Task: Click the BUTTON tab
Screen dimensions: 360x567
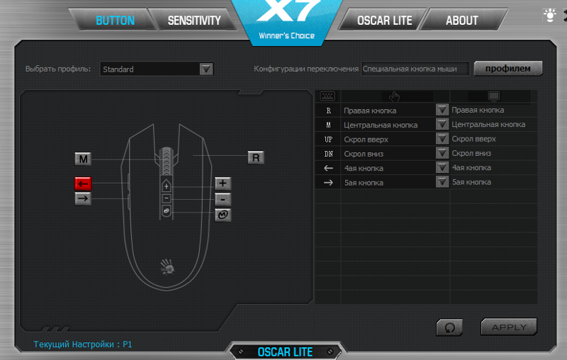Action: (115, 21)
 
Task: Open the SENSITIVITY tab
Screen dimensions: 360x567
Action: (193, 21)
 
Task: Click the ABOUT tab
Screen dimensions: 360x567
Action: (461, 21)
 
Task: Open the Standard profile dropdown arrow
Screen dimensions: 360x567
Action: (206, 69)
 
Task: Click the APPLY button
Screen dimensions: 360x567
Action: (508, 327)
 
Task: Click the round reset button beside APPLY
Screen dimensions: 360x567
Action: (449, 327)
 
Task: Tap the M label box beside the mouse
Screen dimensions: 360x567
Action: (84, 159)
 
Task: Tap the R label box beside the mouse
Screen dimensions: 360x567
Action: (256, 157)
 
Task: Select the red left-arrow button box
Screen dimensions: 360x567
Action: (83, 184)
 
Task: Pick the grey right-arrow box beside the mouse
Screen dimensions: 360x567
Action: (83, 198)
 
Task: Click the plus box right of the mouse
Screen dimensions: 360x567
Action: (223, 184)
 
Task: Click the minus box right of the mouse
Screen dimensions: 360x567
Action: (223, 199)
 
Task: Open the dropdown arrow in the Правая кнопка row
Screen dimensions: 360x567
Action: (442, 110)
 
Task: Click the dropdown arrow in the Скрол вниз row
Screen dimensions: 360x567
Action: (442, 153)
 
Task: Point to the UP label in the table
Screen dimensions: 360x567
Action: (328, 139)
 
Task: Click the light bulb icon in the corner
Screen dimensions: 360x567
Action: (549, 14)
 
